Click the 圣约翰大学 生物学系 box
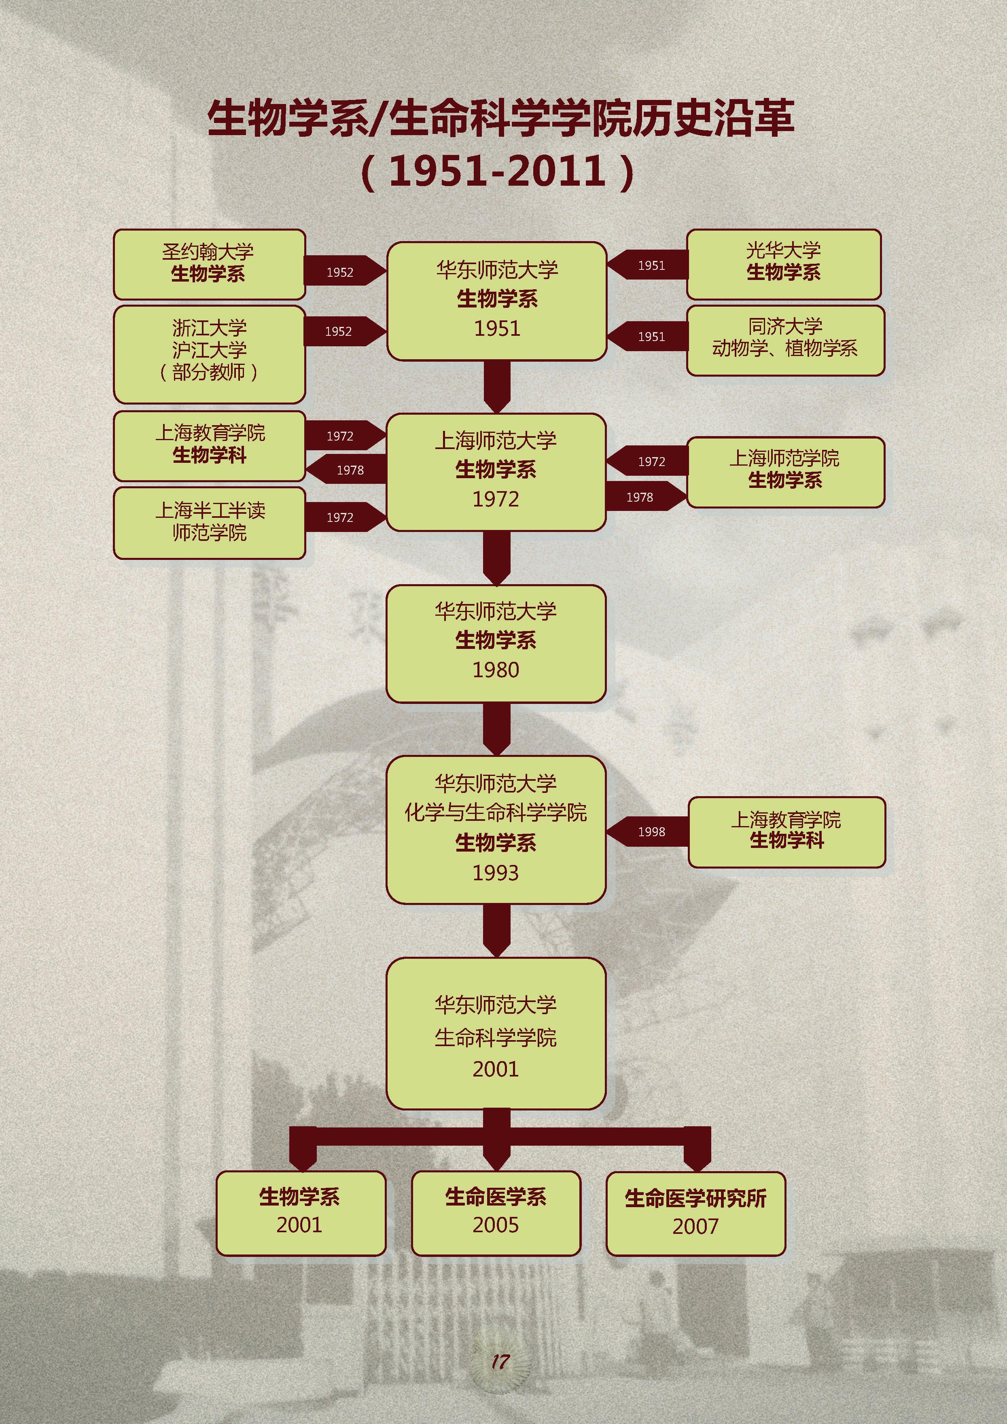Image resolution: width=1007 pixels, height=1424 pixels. pos(209,264)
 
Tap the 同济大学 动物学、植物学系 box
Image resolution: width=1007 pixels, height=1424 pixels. pos(784,339)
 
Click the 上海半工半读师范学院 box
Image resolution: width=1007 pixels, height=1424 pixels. pos(209,522)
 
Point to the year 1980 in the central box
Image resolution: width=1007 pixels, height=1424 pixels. pos(496,670)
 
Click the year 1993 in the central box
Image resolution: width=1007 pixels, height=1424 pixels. pos(496,873)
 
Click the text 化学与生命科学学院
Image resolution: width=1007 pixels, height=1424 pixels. pos(496,812)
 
